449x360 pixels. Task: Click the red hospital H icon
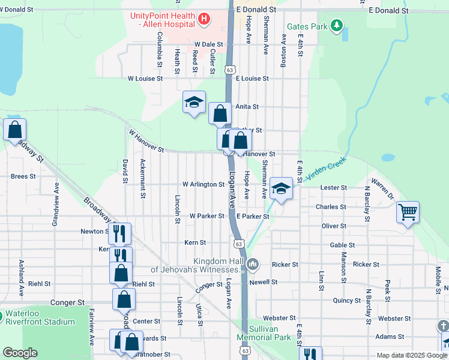(x=204, y=19)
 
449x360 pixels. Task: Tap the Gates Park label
(x=307, y=26)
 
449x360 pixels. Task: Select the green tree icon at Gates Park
(x=338, y=26)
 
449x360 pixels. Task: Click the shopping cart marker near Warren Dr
(x=408, y=212)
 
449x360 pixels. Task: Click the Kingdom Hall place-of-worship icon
(x=253, y=263)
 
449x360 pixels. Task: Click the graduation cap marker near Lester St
(x=280, y=188)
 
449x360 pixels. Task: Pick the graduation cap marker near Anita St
(x=194, y=103)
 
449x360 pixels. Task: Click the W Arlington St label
(x=203, y=184)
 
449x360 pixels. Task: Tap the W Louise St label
(x=145, y=79)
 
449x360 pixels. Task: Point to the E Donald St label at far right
(x=388, y=10)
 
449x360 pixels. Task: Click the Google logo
(x=20, y=353)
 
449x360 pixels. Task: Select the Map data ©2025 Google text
(x=411, y=355)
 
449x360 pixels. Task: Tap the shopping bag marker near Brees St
(x=14, y=130)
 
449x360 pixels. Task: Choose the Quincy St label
(x=346, y=301)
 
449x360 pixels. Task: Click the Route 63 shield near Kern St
(x=239, y=244)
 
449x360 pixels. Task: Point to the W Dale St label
(x=208, y=44)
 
